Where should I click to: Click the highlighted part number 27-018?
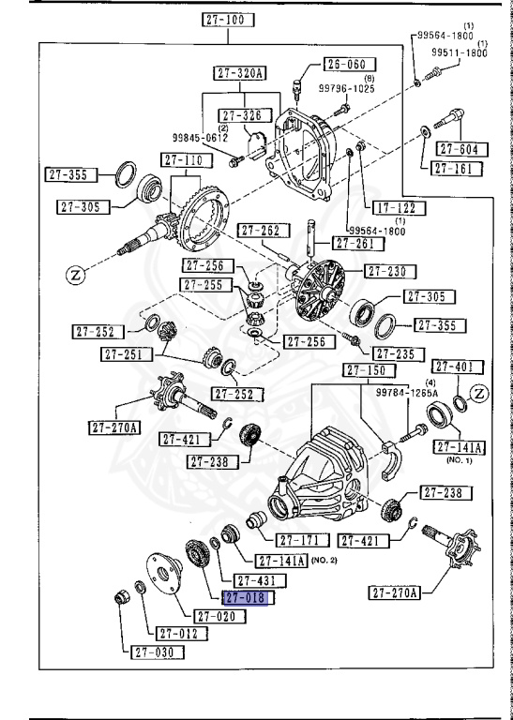[245, 597]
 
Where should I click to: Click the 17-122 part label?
[395, 207]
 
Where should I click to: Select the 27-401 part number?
[457, 366]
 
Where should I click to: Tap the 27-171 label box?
[302, 540]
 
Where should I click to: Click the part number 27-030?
[156, 652]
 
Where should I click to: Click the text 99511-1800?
[460, 53]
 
